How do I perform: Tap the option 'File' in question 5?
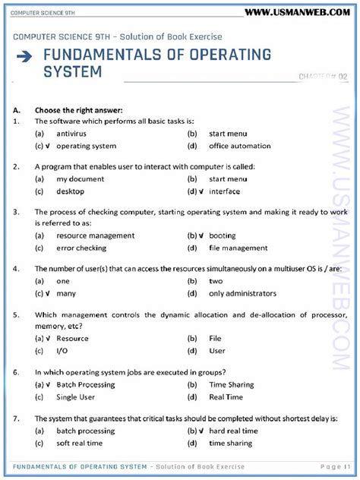click(216, 338)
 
